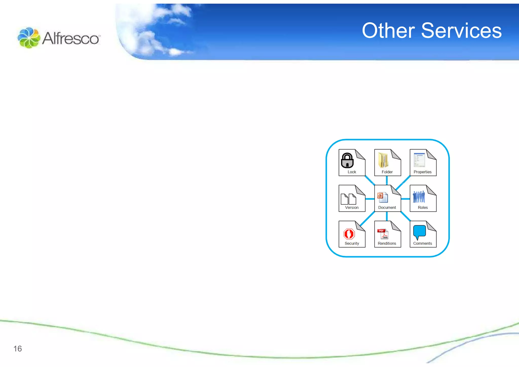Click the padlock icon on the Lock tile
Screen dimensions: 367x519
pyautogui.click(x=347, y=161)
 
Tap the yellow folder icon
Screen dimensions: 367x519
pyautogui.click(x=383, y=160)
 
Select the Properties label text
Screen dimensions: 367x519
pyautogui.click(x=422, y=172)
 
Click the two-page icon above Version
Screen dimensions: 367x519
pyautogui.click(x=348, y=199)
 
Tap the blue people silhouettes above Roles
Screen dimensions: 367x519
pyautogui.click(x=419, y=197)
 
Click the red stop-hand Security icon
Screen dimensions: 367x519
pyautogui.click(x=349, y=234)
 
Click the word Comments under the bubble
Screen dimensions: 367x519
pyautogui.click(x=422, y=243)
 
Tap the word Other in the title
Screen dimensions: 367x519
pyautogui.click(x=388, y=31)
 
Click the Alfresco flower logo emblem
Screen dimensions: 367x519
pyautogui.click(x=29, y=38)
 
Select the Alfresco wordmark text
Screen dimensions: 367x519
pyautogui.click(x=71, y=39)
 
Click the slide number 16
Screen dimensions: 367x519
pyautogui.click(x=17, y=349)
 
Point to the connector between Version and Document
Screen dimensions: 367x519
pyautogui.click(x=370, y=199)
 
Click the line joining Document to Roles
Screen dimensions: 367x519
pyautogui.click(x=405, y=199)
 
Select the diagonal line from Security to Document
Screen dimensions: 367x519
pyautogui.click(x=367, y=219)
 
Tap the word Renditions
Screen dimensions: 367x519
pyautogui.click(x=387, y=243)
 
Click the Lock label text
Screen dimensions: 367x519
pyautogui.click(x=352, y=172)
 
